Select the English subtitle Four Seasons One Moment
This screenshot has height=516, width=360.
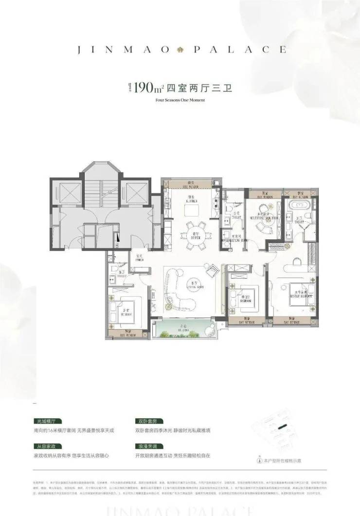click(x=180, y=100)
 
